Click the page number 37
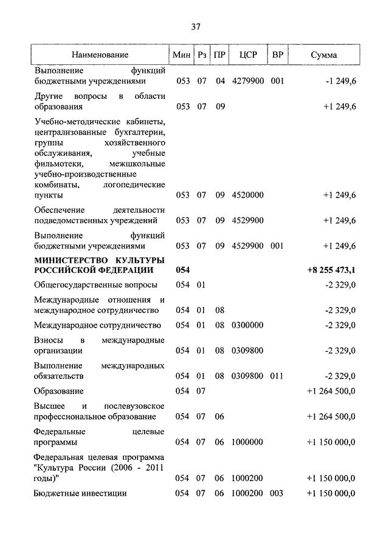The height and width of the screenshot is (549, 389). [196, 27]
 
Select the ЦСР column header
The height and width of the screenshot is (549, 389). [248, 55]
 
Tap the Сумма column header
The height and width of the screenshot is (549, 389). [323, 55]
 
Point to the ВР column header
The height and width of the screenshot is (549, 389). [278, 55]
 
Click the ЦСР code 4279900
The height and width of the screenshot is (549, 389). [247, 81]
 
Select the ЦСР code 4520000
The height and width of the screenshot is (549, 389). [247, 195]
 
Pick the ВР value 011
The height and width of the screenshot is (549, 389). [277, 376]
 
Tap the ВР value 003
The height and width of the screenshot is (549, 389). [277, 493]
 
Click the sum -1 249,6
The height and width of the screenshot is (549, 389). [340, 81]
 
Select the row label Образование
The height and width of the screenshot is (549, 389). [58, 391]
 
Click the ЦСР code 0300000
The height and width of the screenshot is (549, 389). [247, 325]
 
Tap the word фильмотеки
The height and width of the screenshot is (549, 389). [63, 164]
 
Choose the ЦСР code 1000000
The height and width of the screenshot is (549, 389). [247, 442]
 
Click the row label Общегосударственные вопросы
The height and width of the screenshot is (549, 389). [95, 285]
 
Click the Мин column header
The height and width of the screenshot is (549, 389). [182, 55]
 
